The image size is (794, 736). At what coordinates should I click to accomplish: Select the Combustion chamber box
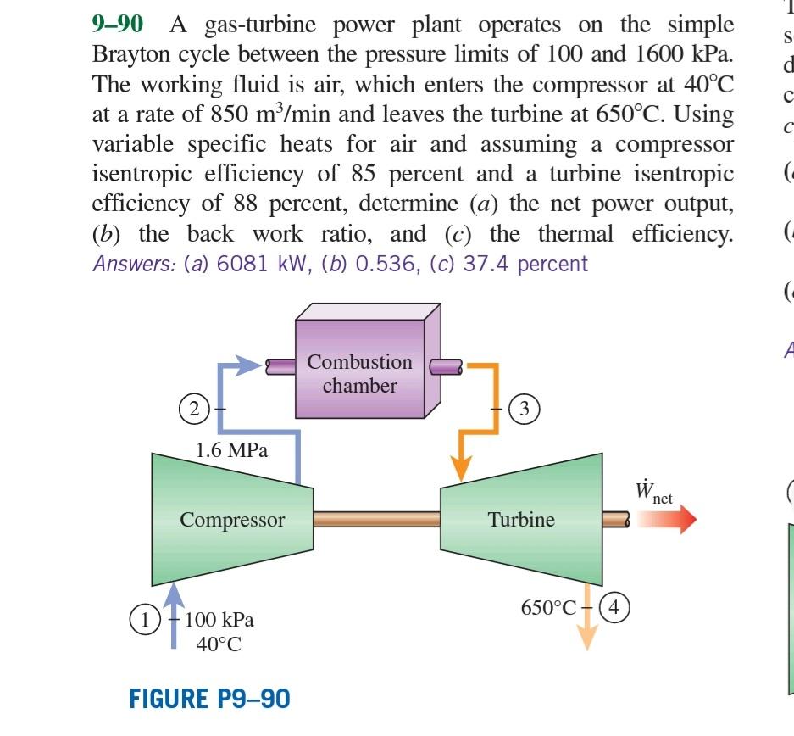pyautogui.click(x=360, y=373)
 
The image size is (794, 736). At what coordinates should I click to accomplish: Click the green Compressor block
pyautogui.click(x=231, y=520)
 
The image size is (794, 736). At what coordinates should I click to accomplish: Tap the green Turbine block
pyautogui.click(x=521, y=520)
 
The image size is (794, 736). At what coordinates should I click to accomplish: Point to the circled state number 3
pyautogui.click(x=525, y=409)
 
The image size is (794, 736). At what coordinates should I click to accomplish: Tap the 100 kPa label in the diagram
pyautogui.click(x=219, y=620)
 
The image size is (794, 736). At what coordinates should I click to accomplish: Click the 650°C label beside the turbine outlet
pyautogui.click(x=549, y=607)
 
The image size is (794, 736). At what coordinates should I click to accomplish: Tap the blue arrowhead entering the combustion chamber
pyautogui.click(x=247, y=366)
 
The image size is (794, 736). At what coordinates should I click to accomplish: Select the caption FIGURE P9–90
pyautogui.click(x=209, y=699)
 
